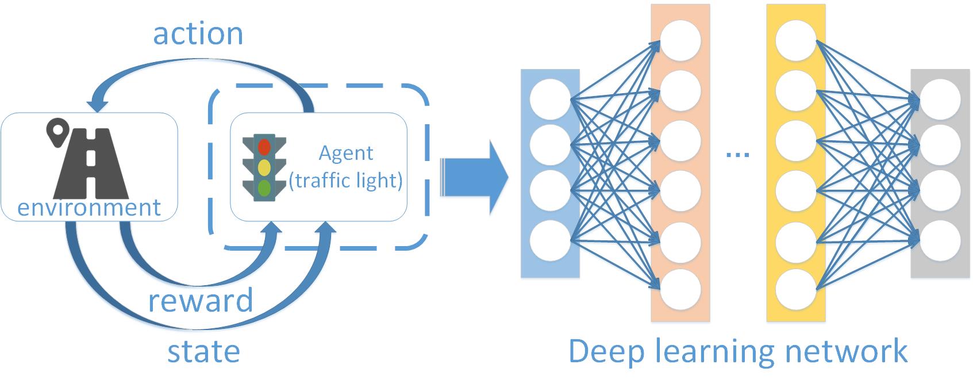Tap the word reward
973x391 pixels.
click(x=201, y=301)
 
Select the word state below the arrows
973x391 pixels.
click(x=203, y=351)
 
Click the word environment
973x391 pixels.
click(x=89, y=208)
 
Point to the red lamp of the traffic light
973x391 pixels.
click(x=264, y=147)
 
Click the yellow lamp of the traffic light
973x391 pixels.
click(x=264, y=167)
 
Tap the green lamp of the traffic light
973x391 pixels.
click(x=264, y=187)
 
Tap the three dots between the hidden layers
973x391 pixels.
click(x=738, y=154)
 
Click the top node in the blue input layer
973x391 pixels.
click(x=550, y=99)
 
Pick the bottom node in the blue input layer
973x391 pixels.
click(x=550, y=240)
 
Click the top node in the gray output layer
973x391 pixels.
click(x=940, y=99)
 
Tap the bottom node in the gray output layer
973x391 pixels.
click(x=940, y=240)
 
